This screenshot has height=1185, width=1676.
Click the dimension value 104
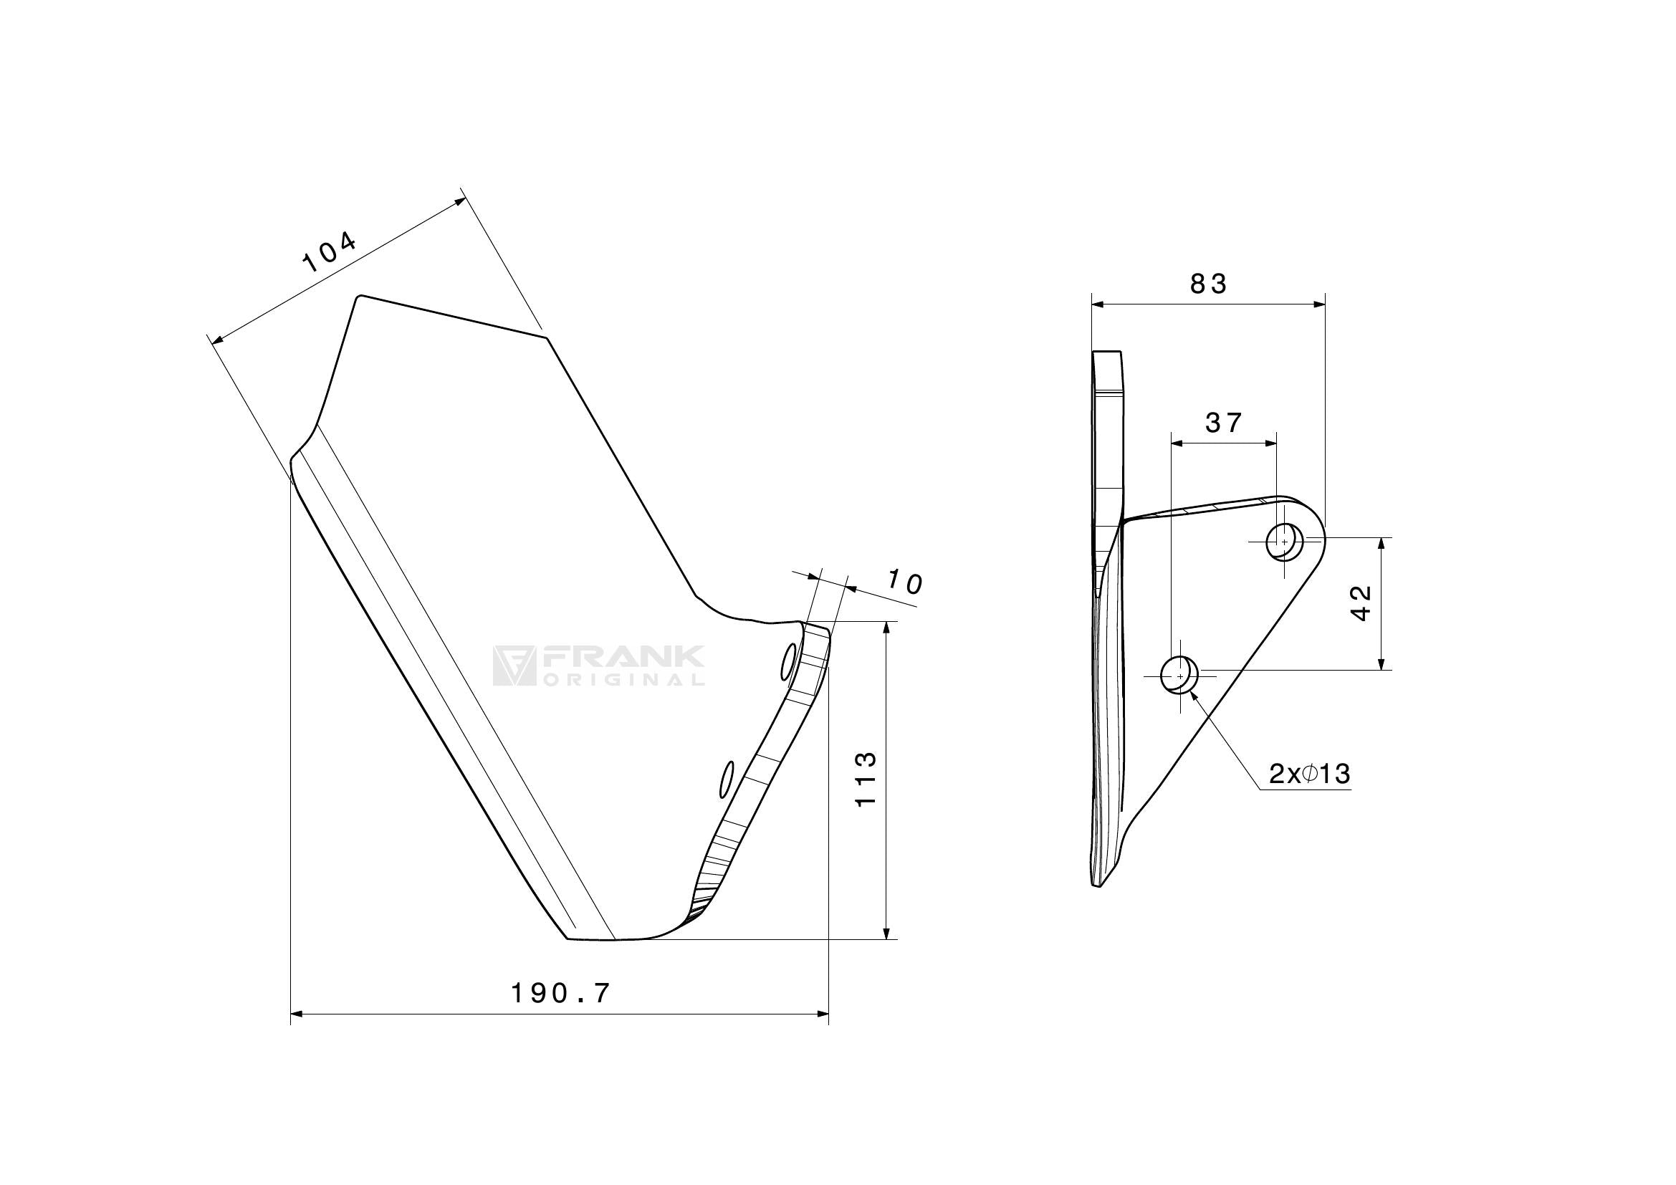point(330,251)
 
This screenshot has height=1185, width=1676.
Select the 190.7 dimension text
point(560,993)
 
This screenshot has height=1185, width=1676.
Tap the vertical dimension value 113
point(866,779)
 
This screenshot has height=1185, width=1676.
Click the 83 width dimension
point(1209,284)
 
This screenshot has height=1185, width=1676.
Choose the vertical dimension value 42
point(1362,603)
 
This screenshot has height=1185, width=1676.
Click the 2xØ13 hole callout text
point(1310,774)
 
